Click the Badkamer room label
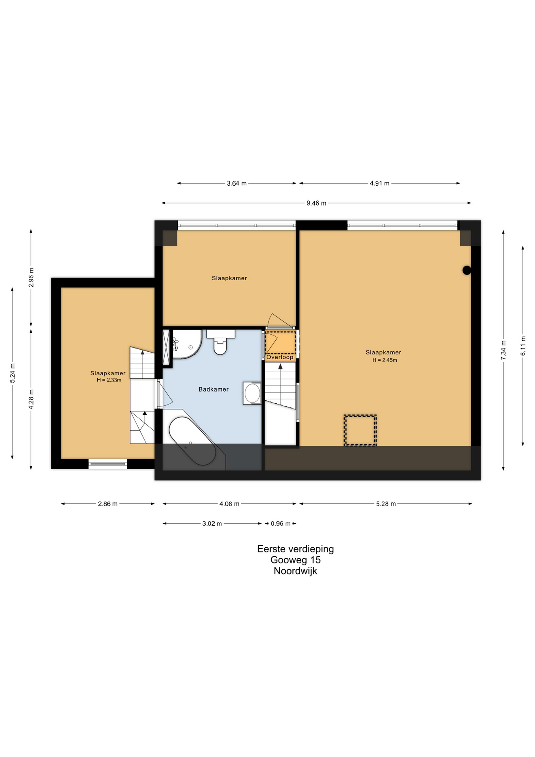[x=214, y=389]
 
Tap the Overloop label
[x=280, y=357]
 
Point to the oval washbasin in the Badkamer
[x=252, y=393]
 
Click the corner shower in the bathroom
[x=188, y=344]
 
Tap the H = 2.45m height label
[x=385, y=360]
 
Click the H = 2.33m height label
[x=109, y=380]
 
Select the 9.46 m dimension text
[x=316, y=203]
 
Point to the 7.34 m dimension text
[x=503, y=350]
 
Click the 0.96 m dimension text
[x=281, y=524]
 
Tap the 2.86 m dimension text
[x=108, y=504]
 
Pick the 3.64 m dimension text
[x=236, y=183]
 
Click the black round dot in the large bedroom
[x=467, y=270]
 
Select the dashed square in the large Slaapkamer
[x=360, y=430]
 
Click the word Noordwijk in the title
[x=295, y=571]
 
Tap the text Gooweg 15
[x=295, y=560]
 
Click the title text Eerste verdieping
[x=295, y=549]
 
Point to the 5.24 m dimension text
[x=13, y=373]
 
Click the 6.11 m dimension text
[x=523, y=346]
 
